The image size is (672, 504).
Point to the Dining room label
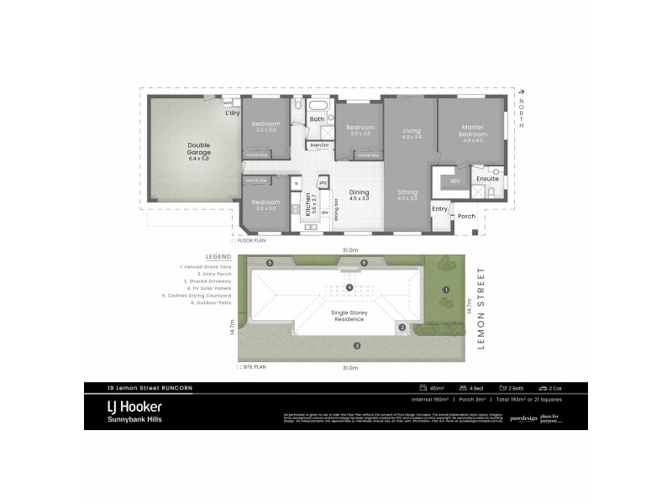[x=360, y=195]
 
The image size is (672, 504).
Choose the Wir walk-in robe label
[x=455, y=180]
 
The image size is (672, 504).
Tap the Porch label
[x=466, y=216]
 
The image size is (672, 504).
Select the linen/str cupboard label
[x=319, y=145]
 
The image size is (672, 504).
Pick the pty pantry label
[x=322, y=182]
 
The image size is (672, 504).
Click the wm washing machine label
[x=228, y=102]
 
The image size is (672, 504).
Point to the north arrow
[x=522, y=92]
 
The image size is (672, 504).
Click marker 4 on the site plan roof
[x=349, y=287]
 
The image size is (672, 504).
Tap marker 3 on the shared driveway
[x=356, y=345]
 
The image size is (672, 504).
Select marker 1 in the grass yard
[x=446, y=289]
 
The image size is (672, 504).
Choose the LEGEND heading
[x=218, y=256]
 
